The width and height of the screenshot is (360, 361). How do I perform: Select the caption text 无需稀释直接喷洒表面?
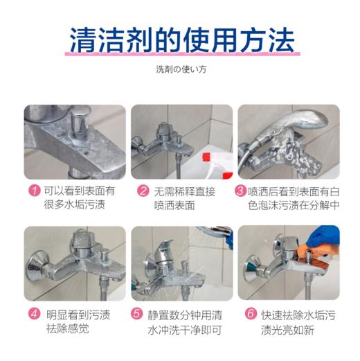coord(180,197)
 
